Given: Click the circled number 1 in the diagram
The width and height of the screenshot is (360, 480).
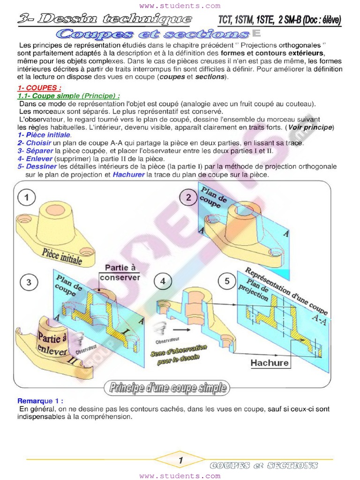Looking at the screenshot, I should click(x=27, y=197).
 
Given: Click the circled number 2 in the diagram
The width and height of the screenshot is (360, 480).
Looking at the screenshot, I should click(x=188, y=197).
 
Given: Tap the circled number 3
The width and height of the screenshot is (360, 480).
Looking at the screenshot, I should click(x=29, y=282).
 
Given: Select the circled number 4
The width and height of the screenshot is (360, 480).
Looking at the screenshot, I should click(x=163, y=281).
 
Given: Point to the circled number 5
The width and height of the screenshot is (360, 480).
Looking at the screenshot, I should click(x=227, y=281).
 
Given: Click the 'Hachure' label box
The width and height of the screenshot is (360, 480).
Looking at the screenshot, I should click(x=270, y=362).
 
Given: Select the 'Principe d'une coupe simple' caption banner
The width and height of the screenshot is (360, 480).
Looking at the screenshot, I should click(x=168, y=388).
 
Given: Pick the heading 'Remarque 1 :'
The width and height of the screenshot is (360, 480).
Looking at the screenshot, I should click(x=40, y=401).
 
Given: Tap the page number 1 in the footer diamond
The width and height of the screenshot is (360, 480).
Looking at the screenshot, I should click(x=180, y=461).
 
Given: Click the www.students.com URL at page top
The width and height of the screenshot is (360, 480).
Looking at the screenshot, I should click(x=180, y=6).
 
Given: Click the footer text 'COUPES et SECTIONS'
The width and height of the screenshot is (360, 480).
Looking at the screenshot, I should click(x=264, y=465).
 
